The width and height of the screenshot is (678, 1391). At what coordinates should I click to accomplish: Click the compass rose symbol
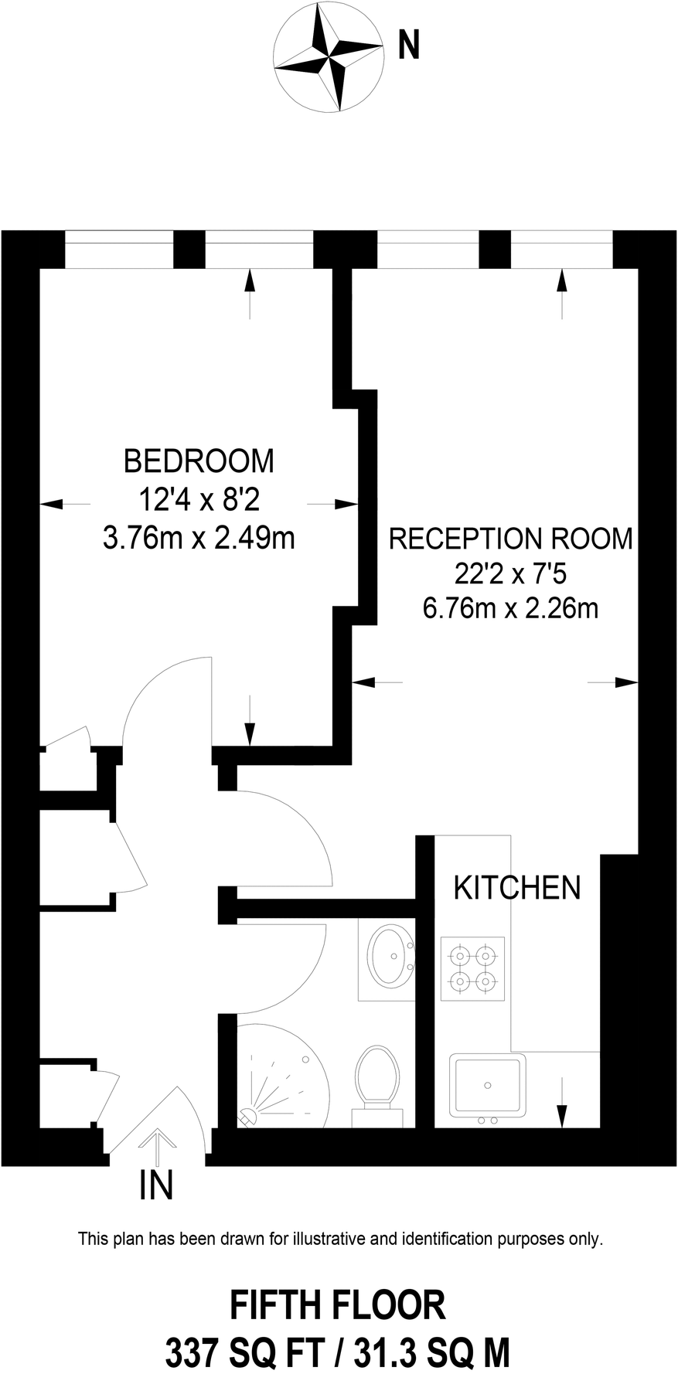coord(330,58)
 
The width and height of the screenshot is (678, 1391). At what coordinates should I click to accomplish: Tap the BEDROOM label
coord(199,461)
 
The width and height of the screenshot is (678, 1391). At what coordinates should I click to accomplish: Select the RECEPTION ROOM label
coord(510,539)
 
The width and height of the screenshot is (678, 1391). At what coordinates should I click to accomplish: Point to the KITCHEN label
coord(516,888)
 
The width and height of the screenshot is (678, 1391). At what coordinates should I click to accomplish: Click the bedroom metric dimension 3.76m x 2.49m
coord(199,537)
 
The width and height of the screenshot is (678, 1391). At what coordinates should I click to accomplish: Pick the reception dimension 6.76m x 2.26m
coord(510,609)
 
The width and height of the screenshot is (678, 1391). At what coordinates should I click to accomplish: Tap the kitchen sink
coord(488,1086)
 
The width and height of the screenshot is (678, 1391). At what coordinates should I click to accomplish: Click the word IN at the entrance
coord(157,1185)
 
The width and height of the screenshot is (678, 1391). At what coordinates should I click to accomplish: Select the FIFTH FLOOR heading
coord(338,1305)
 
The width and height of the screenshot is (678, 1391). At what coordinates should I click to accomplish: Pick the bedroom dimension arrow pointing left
coord(54,505)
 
